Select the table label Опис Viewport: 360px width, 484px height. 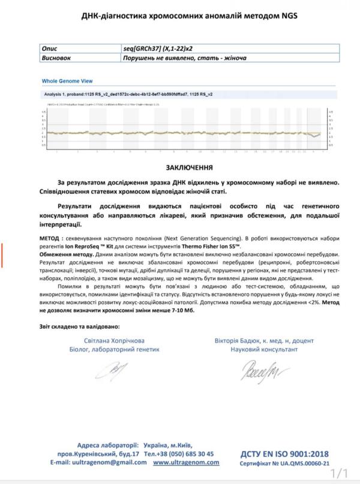pyautogui.click(x=52, y=47)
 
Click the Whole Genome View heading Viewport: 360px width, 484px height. pyautogui.click(x=67, y=80)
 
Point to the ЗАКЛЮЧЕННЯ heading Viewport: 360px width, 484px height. pyautogui.click(x=179, y=167)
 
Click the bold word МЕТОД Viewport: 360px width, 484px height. pyautogui.click(x=52, y=238)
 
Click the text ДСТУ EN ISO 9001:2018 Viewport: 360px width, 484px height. pyautogui.click(x=285, y=454)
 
